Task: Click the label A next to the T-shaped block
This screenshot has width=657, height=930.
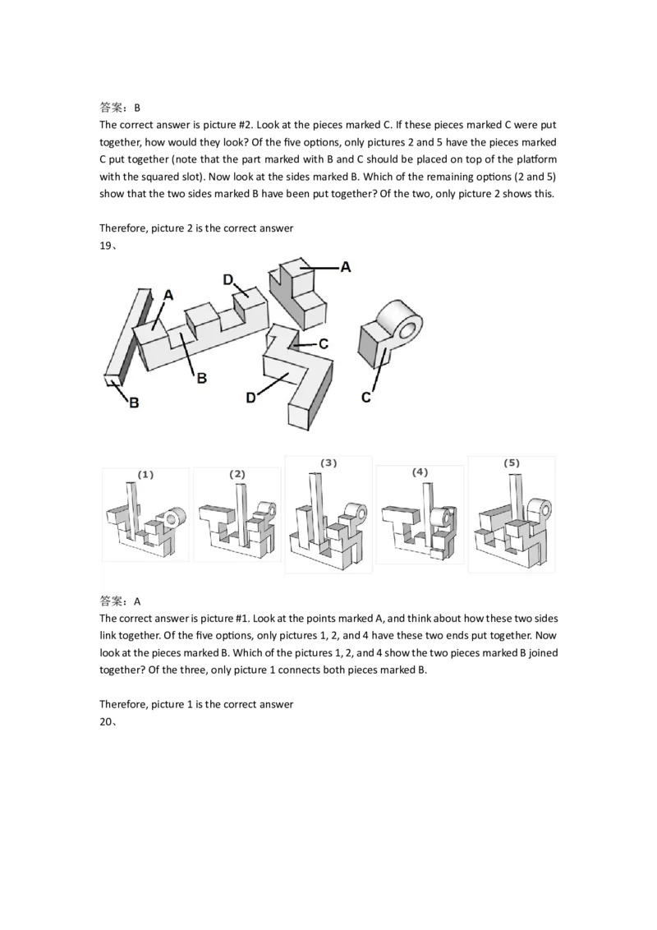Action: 346,266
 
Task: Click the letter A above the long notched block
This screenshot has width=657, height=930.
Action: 168,295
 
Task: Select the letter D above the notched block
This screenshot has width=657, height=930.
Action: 227,280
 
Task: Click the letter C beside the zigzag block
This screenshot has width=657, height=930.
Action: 324,344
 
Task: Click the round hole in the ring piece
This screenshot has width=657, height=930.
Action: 405,331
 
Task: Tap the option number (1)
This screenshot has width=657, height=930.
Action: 145,475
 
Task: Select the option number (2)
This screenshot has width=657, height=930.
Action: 237,475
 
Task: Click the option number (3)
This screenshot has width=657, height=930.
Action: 328,463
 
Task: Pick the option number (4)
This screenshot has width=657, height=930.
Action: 420,473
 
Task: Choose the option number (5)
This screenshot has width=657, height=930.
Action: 512,463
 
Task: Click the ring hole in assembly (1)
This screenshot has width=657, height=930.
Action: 172,518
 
